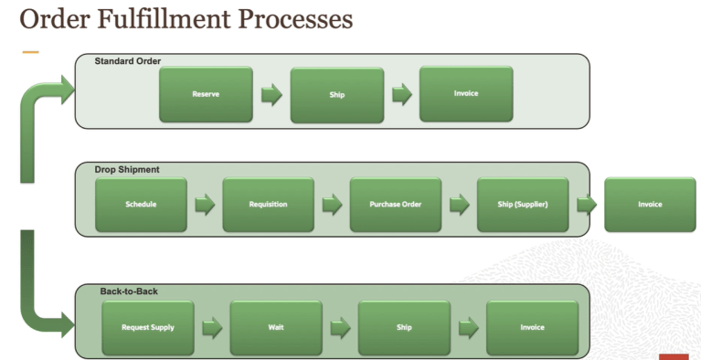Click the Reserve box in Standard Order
click(206, 94)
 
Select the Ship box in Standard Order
click(336, 94)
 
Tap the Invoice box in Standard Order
click(465, 93)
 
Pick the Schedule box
click(141, 204)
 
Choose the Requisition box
click(268, 204)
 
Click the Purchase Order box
click(395, 204)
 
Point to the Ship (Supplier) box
click(523, 204)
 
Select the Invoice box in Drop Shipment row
click(650, 204)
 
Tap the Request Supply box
click(148, 327)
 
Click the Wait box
click(275, 327)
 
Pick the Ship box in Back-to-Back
click(403, 327)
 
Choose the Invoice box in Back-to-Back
click(532, 327)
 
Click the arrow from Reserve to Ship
click(271, 94)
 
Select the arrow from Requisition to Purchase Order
click(332, 205)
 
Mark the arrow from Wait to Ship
click(340, 328)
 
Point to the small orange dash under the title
click(30, 52)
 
